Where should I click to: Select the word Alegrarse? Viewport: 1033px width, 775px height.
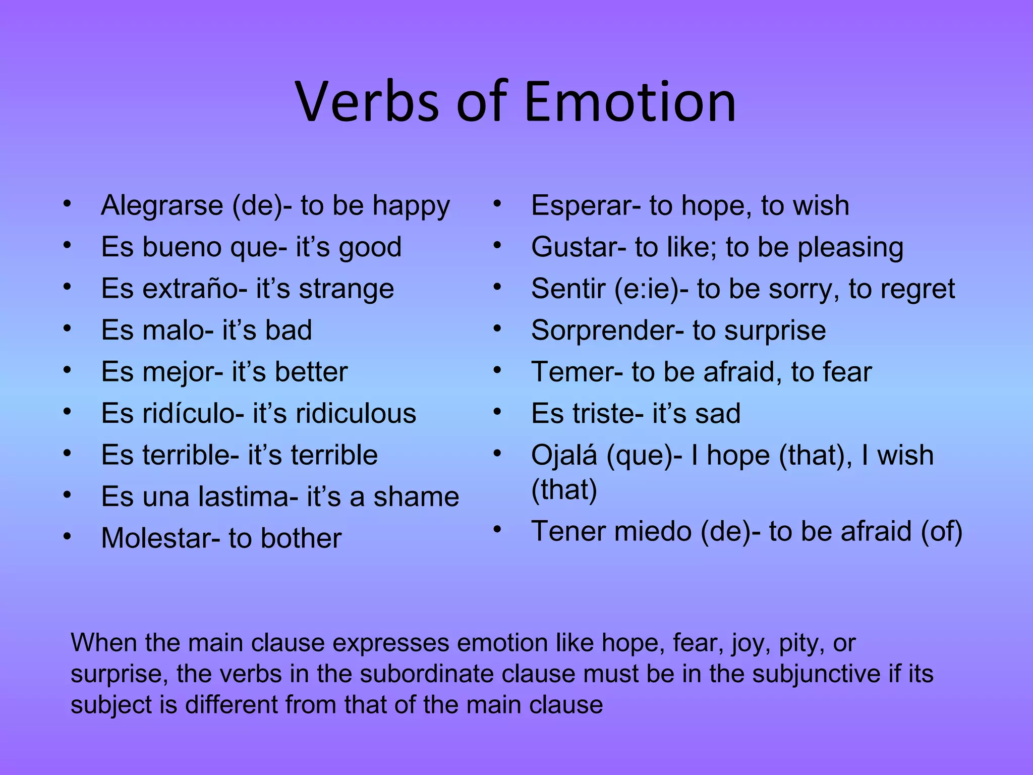click(x=162, y=205)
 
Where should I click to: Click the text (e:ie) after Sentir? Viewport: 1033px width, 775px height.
click(x=646, y=289)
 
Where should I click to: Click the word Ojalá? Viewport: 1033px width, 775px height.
click(x=564, y=456)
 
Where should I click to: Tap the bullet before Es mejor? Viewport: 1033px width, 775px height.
click(x=67, y=370)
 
